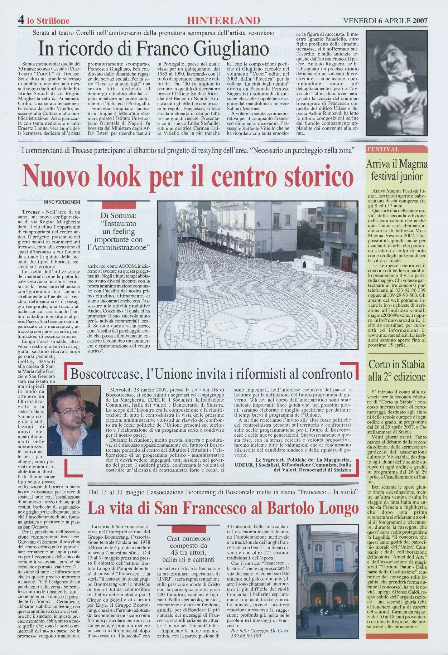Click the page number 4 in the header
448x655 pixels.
tap(21, 20)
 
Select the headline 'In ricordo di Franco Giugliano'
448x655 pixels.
tap(154, 49)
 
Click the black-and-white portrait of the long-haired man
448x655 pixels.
tap(396, 83)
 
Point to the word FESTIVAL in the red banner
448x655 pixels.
tap(383, 150)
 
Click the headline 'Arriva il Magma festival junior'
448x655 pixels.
tap(396, 170)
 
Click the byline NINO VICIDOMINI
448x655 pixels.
tap(62, 202)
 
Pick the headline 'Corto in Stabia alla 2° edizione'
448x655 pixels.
tap(397, 370)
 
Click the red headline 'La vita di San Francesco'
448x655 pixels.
tap(223, 508)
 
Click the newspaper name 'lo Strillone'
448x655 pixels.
tap(48, 20)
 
